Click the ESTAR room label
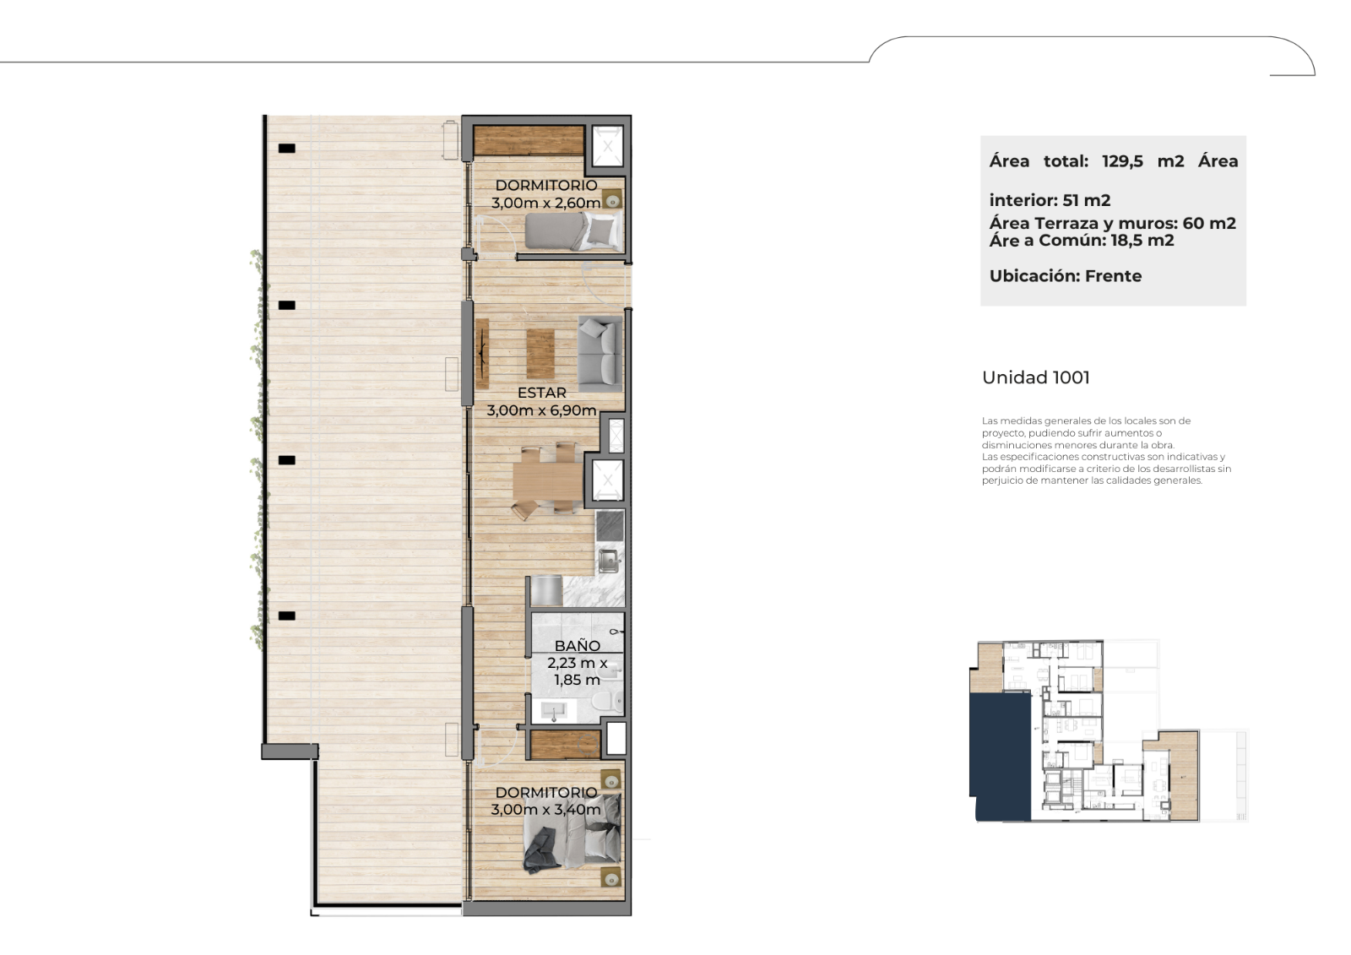click(x=541, y=393)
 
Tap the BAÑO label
click(x=578, y=645)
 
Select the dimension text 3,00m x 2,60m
click(x=545, y=203)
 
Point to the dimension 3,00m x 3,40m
click(x=545, y=810)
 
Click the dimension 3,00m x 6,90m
click(x=541, y=410)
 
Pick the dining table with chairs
click(x=548, y=480)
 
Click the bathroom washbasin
click(x=554, y=711)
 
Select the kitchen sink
click(x=608, y=561)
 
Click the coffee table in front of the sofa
click(x=540, y=354)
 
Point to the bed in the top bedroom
click(x=573, y=231)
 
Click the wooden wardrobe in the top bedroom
click(x=529, y=140)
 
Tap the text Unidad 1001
click(x=1035, y=377)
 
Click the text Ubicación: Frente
click(x=1065, y=276)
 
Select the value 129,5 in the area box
click(x=1122, y=161)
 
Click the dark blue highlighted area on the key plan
click(x=1000, y=757)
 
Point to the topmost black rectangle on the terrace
click(x=286, y=149)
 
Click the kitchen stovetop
click(x=610, y=526)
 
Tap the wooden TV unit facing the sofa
click(x=482, y=354)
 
